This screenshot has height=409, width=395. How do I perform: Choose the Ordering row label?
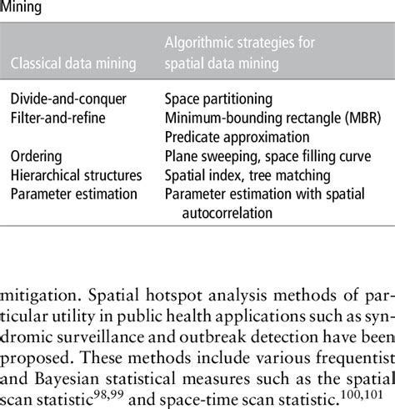tap(36, 156)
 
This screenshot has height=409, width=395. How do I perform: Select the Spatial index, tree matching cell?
tap(247, 175)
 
